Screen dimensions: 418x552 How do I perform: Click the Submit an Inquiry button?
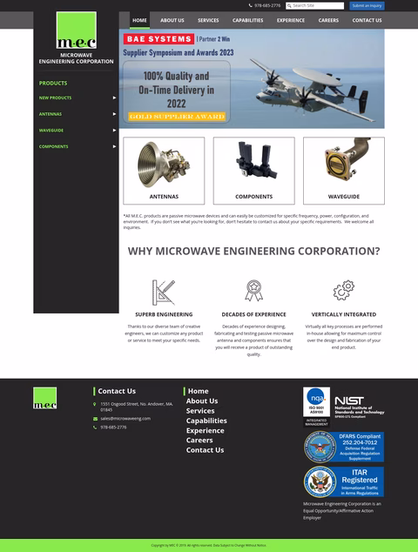pos(367,5)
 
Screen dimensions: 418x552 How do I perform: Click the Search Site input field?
pos(319,5)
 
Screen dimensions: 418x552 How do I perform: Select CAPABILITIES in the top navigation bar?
pos(247,20)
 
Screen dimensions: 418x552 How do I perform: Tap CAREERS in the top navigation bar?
pos(328,20)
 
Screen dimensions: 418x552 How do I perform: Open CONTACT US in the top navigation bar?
pos(367,20)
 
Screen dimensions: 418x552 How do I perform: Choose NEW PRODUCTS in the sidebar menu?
pos(56,98)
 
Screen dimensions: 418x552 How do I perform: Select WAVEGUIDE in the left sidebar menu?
pos(51,130)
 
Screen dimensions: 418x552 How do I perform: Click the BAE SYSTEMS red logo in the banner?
pos(158,39)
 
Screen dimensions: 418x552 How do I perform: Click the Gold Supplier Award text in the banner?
pos(177,116)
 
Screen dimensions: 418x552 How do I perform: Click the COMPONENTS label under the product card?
pos(253,197)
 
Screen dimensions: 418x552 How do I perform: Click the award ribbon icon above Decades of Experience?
pos(253,290)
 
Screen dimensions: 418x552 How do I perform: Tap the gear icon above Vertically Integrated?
pos(343,290)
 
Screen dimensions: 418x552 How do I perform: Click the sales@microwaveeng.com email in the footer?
pos(125,418)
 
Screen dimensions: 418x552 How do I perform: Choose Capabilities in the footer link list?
pos(206,421)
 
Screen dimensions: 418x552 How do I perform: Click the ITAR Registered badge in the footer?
pos(343,481)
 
